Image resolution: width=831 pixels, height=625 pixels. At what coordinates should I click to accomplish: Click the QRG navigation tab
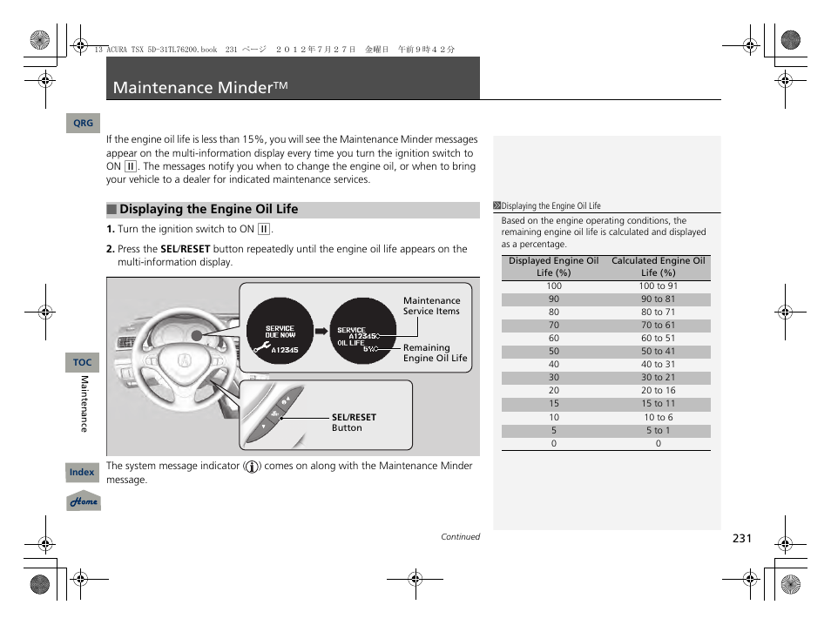coord(83,124)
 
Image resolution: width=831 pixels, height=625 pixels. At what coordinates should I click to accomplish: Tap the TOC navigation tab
coord(82,362)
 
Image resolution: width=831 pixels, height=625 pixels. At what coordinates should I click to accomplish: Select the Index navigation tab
coord(82,473)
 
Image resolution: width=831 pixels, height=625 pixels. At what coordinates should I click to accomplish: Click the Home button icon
coord(84,502)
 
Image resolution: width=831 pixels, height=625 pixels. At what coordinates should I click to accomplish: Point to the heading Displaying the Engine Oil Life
coord(208,210)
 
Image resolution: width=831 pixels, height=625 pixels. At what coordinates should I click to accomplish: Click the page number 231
coord(741,539)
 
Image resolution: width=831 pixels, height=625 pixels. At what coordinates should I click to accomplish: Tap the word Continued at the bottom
coord(460,537)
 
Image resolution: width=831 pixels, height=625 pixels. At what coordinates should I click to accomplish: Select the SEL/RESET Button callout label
coord(354,423)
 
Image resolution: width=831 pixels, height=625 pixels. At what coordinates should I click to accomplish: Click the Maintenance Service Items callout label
coord(431,306)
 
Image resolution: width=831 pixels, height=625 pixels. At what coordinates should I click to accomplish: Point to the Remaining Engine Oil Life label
coord(435,353)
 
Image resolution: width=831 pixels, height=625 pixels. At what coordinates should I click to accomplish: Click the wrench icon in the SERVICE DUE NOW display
coord(260,349)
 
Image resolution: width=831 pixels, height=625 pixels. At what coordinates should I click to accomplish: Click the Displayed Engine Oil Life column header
coord(553,266)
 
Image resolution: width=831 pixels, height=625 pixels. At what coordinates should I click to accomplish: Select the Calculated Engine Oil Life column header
coord(658,266)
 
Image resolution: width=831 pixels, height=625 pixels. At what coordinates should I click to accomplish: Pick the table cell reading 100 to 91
coord(658,286)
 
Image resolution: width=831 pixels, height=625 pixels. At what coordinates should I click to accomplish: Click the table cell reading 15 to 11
coord(658,404)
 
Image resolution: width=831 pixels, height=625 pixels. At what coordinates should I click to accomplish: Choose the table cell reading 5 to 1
coord(658,430)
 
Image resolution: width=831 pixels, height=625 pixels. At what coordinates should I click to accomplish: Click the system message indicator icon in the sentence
coord(252,467)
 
